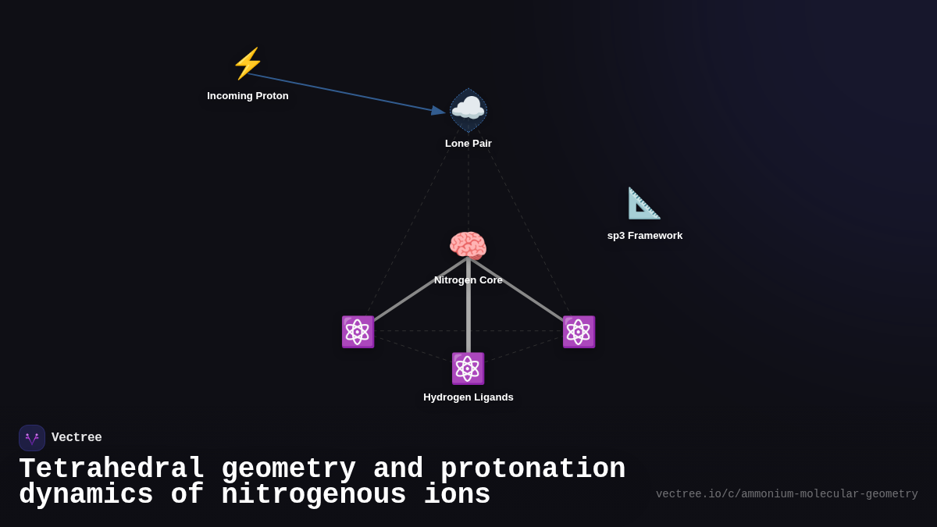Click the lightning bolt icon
coord(248,63)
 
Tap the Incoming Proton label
coord(248,96)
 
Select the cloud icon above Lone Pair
coord(468,109)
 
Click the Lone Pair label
coord(468,144)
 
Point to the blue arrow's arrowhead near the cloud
coord(438,111)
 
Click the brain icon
coord(468,246)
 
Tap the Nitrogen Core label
coord(468,280)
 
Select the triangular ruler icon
coord(644,203)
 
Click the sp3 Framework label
coord(645,236)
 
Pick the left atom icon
coord(358,332)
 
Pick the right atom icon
coord(579,332)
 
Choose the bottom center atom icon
coord(468,369)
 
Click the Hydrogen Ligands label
coord(468,397)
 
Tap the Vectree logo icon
coord(32,438)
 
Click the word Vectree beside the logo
coord(77,438)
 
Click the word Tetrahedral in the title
coord(112,469)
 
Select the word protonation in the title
coord(533,469)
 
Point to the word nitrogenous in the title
coord(313,495)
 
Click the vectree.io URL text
coord(786,494)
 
